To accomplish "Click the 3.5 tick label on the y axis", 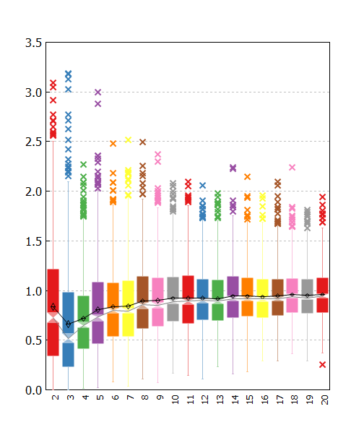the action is click(x=33, y=43).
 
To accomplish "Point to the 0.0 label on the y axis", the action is click(x=33, y=390).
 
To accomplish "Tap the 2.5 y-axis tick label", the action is click(x=33, y=142).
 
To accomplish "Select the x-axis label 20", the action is click(x=324, y=400).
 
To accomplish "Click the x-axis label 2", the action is click(x=56, y=397).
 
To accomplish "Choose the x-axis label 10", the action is click(x=175, y=400).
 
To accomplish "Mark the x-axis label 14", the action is click(x=235, y=400).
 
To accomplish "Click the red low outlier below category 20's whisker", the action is click(x=322, y=365).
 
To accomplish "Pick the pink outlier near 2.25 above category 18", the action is click(x=292, y=167).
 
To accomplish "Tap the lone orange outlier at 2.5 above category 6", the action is click(x=113, y=143).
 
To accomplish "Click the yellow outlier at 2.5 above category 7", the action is click(x=128, y=139).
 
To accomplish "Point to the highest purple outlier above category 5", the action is click(x=98, y=92).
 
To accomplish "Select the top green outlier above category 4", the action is click(x=83, y=164).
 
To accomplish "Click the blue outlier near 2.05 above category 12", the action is click(x=203, y=186).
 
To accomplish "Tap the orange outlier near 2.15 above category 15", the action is click(x=247, y=177).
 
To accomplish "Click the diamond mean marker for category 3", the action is click(x=68, y=324).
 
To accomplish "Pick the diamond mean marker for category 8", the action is click(x=143, y=301).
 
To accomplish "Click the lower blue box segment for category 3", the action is click(x=68, y=355).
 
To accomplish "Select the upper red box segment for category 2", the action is click(x=53, y=290).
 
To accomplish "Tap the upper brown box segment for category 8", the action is click(x=143, y=289).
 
